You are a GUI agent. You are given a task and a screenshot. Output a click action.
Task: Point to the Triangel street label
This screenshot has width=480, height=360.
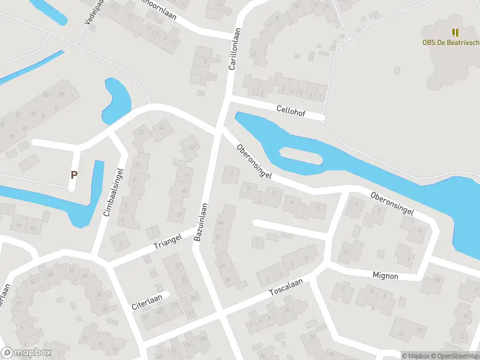167,241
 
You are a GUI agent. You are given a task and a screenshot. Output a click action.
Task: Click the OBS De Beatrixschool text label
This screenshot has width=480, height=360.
454,42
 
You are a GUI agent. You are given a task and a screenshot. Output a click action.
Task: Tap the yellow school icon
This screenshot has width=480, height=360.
455,32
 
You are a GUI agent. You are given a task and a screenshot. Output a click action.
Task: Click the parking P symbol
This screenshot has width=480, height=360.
74,175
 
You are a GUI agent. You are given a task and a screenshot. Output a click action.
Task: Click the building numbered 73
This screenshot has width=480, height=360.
191,148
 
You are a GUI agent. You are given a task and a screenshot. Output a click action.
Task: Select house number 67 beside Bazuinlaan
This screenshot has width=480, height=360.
178,214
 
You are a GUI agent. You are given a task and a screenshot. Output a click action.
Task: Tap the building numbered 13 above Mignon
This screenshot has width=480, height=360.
346,252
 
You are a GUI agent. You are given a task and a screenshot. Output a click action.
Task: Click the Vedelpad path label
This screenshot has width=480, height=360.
91,12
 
